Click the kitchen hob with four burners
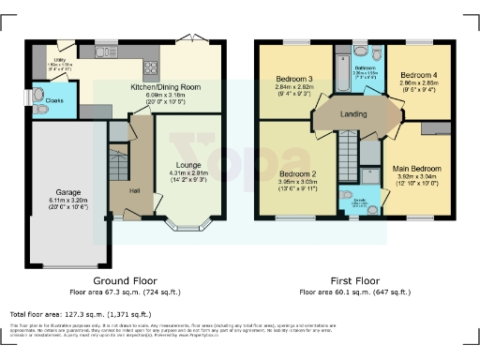click(148, 67)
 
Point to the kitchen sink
click(105, 52)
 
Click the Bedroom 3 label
click(293, 77)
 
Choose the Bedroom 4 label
click(414, 74)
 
